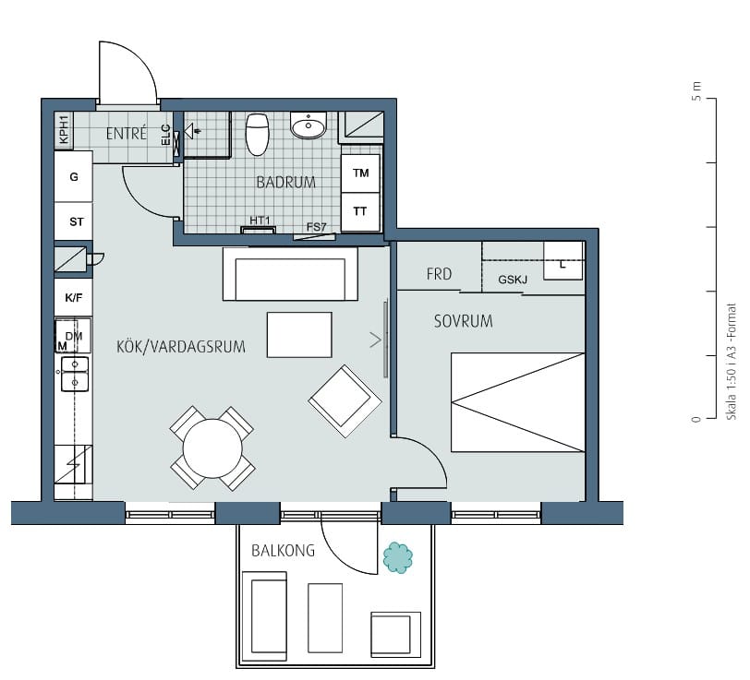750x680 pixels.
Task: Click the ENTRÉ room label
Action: pyautogui.click(x=127, y=133)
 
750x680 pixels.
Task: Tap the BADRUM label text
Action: pyautogui.click(x=286, y=182)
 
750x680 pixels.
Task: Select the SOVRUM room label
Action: pyautogui.click(x=463, y=321)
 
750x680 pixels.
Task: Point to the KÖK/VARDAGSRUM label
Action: pyautogui.click(x=181, y=346)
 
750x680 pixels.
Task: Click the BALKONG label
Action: pyautogui.click(x=284, y=551)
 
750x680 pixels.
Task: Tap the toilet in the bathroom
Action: pyautogui.click(x=258, y=135)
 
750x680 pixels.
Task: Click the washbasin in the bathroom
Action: pyautogui.click(x=308, y=125)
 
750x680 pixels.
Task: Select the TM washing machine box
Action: pyautogui.click(x=360, y=173)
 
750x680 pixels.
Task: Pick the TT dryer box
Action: pyautogui.click(x=360, y=211)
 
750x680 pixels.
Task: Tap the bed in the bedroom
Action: pyautogui.click(x=518, y=402)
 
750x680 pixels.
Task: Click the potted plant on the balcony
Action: pyautogui.click(x=397, y=557)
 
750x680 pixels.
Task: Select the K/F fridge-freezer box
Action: pyautogui.click(x=74, y=298)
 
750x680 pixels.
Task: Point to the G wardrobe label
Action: pyautogui.click(x=74, y=177)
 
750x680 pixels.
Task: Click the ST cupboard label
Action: pyautogui.click(x=77, y=221)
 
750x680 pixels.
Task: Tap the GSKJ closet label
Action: pyautogui.click(x=513, y=280)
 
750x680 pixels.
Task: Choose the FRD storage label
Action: pyautogui.click(x=439, y=274)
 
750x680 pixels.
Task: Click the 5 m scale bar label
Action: pyautogui.click(x=697, y=91)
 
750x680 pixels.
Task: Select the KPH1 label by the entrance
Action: pyautogui.click(x=64, y=129)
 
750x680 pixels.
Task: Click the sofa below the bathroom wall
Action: pyautogui.click(x=290, y=274)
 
